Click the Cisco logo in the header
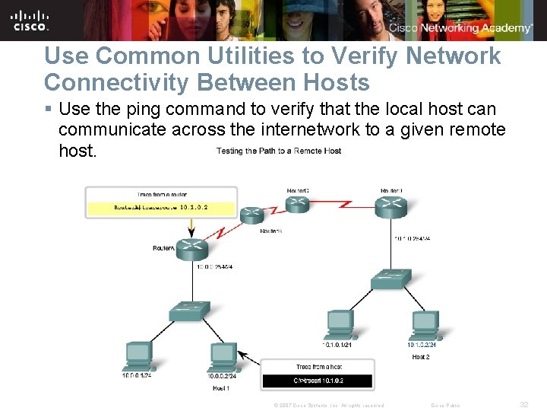31,20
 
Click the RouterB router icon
251,215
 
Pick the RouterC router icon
296,203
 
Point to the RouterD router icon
390,203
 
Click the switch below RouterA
188,311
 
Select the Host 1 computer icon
223,355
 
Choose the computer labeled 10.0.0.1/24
138,355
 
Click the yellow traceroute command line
161,206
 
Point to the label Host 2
421,356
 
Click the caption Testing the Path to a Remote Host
279,151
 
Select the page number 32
523,405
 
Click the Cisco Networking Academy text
460,28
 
